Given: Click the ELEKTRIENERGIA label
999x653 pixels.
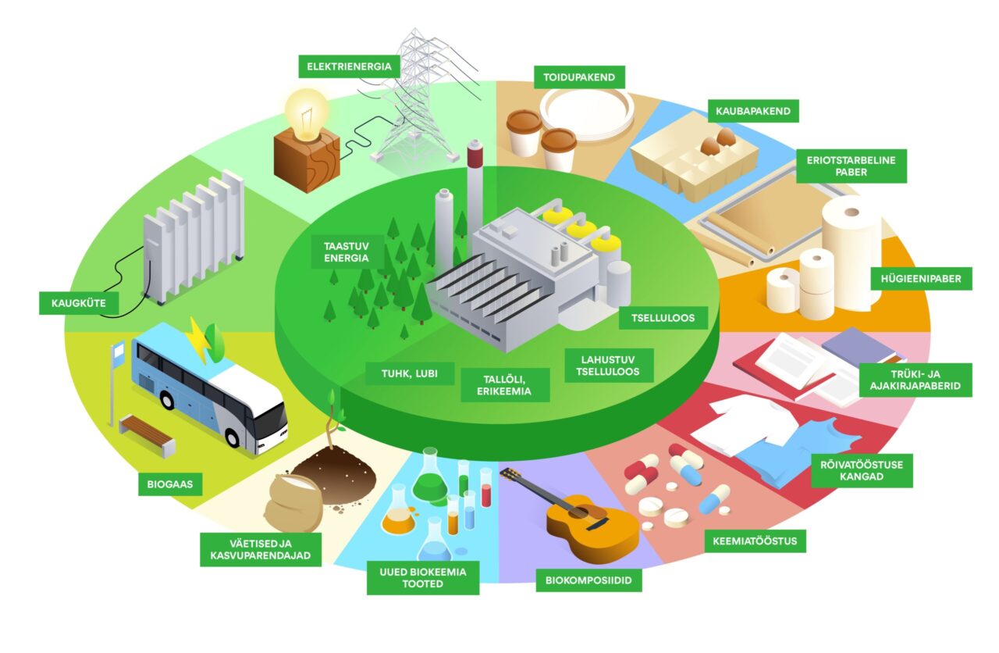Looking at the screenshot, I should (349, 66).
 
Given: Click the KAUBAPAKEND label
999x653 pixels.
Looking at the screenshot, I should (753, 111).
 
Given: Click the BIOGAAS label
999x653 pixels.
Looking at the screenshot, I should (169, 484).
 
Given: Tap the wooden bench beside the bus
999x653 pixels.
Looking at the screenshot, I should (148, 434).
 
